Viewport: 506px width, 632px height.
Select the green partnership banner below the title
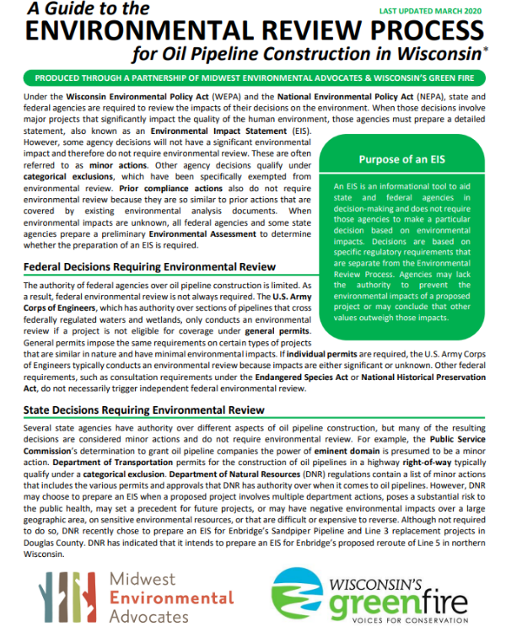(252, 78)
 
